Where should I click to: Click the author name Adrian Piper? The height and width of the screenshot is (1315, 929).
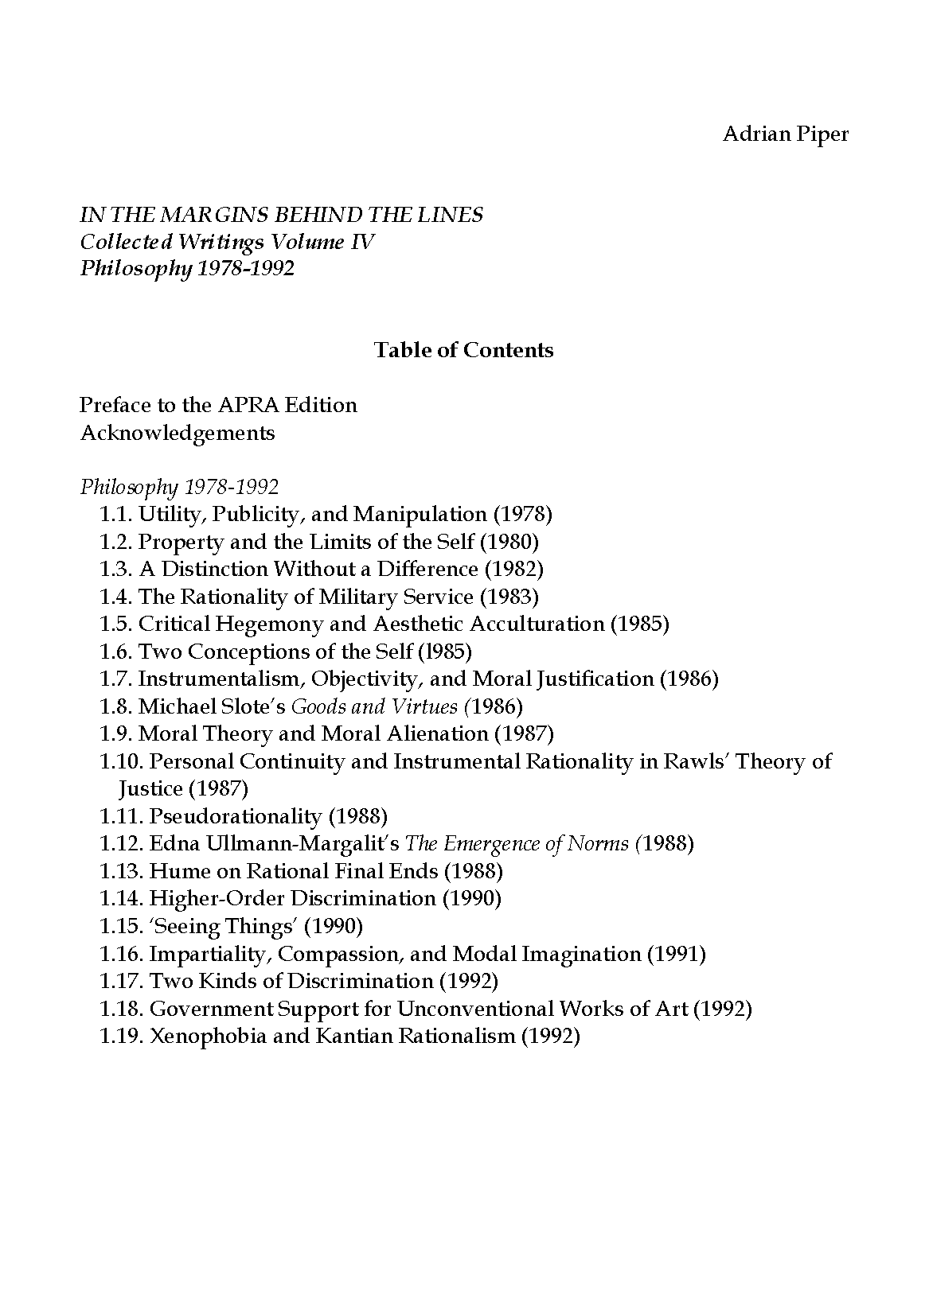785,134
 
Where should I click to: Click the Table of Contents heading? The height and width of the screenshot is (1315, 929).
463,350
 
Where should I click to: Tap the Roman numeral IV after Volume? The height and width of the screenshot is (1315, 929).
361,242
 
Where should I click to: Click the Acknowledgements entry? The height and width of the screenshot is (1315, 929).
177,433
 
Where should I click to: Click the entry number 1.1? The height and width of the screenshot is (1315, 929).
115,515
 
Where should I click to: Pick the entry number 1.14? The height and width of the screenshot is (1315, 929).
121,899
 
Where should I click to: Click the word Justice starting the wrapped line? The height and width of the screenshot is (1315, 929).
150,789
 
